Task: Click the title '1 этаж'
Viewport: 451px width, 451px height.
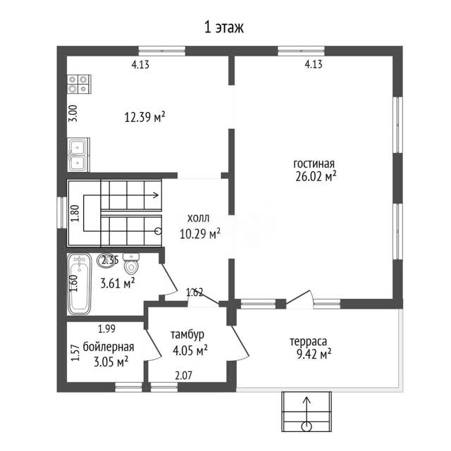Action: [224, 27]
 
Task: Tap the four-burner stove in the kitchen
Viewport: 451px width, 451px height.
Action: [79, 84]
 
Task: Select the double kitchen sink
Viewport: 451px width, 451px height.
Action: [78, 155]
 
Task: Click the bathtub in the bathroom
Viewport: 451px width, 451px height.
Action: [80, 284]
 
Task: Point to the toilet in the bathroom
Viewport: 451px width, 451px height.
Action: [131, 263]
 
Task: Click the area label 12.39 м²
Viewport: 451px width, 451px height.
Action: [144, 117]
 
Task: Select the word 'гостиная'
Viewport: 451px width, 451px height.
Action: [314, 164]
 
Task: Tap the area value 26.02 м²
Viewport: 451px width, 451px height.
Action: [316, 176]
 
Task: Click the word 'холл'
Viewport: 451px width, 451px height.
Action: [198, 218]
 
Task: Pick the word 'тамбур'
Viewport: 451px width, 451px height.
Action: [187, 335]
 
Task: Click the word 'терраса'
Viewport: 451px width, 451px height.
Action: [308, 342]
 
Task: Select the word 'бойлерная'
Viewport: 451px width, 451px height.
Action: [109, 347]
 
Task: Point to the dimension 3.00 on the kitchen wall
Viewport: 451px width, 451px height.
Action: [73, 113]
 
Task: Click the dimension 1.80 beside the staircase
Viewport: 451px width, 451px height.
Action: [75, 213]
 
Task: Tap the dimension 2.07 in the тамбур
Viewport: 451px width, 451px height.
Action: [183, 376]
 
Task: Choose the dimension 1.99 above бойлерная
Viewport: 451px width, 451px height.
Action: [106, 329]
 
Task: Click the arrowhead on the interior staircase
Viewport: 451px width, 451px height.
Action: [156, 195]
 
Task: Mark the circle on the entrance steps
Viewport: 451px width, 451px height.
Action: [307, 427]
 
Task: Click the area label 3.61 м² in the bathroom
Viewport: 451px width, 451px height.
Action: [118, 283]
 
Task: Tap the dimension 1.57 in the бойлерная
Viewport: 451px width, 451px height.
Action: [75, 353]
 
